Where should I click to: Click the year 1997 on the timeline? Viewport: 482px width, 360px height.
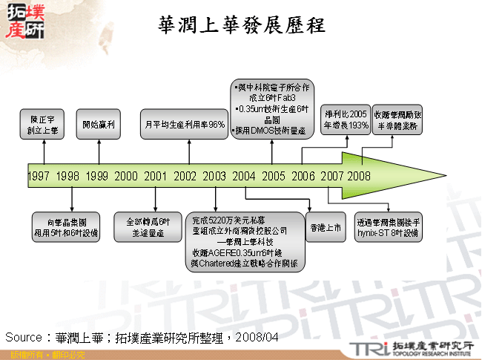39,176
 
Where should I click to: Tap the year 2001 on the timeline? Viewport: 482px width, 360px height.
155,176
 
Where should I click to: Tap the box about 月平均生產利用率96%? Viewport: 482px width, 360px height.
185,125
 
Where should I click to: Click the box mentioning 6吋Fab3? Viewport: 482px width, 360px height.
271,109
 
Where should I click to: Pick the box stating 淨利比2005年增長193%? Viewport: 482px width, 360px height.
346,120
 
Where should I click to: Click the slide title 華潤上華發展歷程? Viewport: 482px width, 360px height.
242,25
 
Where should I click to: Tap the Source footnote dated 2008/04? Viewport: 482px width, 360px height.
142,337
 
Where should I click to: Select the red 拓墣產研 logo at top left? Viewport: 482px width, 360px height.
24,22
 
